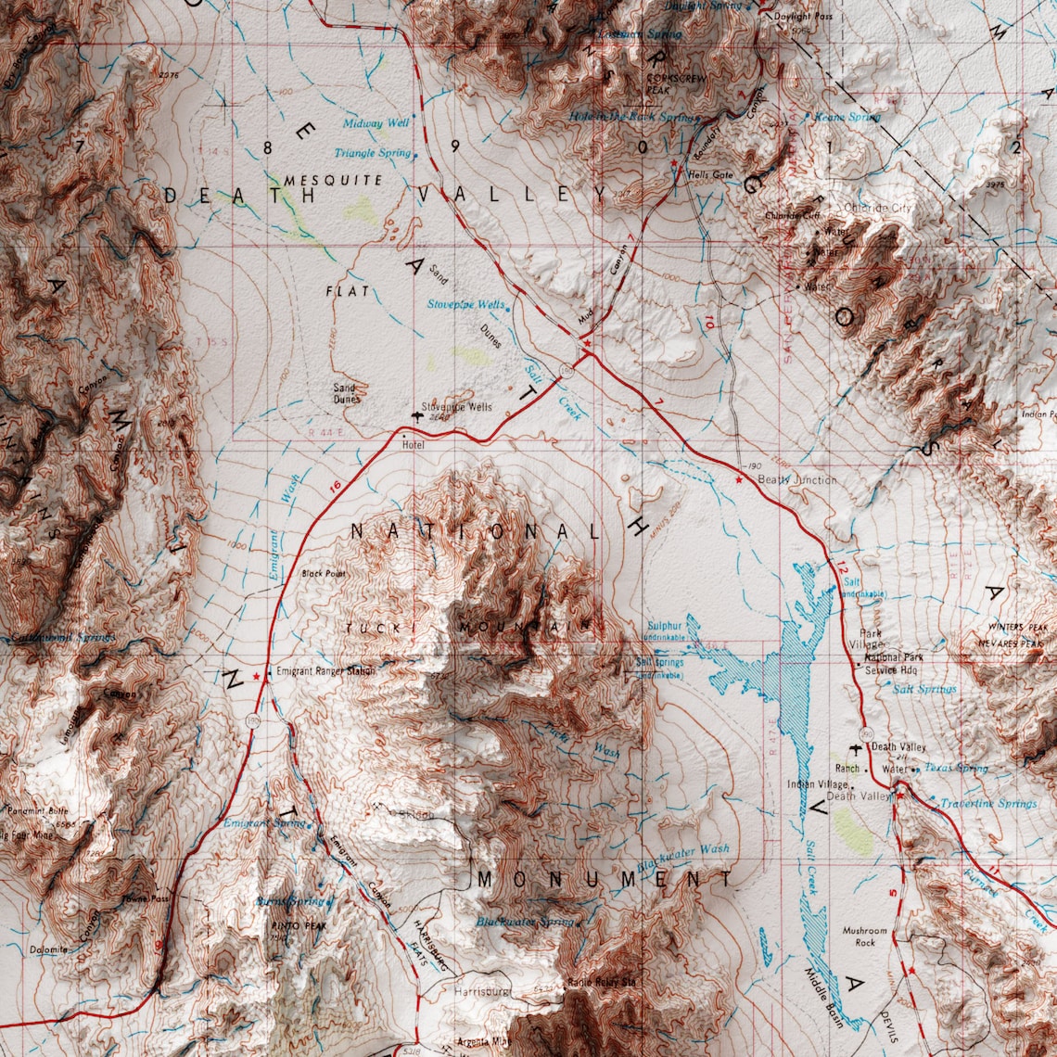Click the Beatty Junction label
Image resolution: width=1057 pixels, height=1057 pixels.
796,479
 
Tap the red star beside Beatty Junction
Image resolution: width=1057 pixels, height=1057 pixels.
739,479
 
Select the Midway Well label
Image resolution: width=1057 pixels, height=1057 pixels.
376,122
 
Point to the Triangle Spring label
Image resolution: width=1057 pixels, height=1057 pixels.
373,152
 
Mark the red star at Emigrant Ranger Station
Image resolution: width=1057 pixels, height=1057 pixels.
257,677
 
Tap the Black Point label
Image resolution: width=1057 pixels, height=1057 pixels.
323,574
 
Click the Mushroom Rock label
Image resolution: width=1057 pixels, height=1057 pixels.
864,936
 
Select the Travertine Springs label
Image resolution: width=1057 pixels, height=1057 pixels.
987,803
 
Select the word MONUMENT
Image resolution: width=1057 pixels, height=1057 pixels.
605,877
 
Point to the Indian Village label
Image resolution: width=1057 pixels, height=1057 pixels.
817,783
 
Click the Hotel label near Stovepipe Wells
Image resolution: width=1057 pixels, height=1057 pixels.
412,445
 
